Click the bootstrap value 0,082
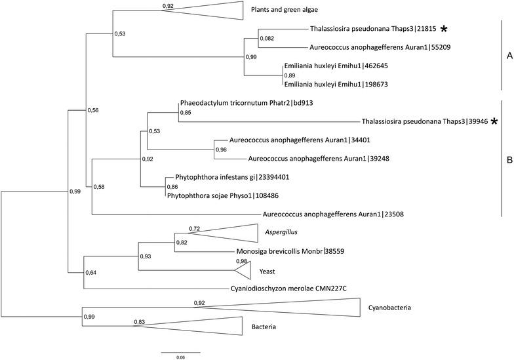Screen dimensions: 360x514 click(x=266, y=39)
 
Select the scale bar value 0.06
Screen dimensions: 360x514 click(x=180, y=357)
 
